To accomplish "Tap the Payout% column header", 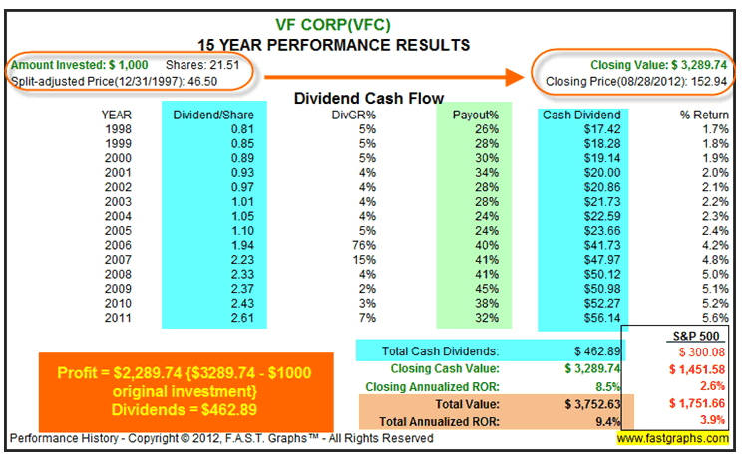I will pyautogui.click(x=475, y=115).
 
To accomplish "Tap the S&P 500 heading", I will pyautogui.click(x=684, y=334).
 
